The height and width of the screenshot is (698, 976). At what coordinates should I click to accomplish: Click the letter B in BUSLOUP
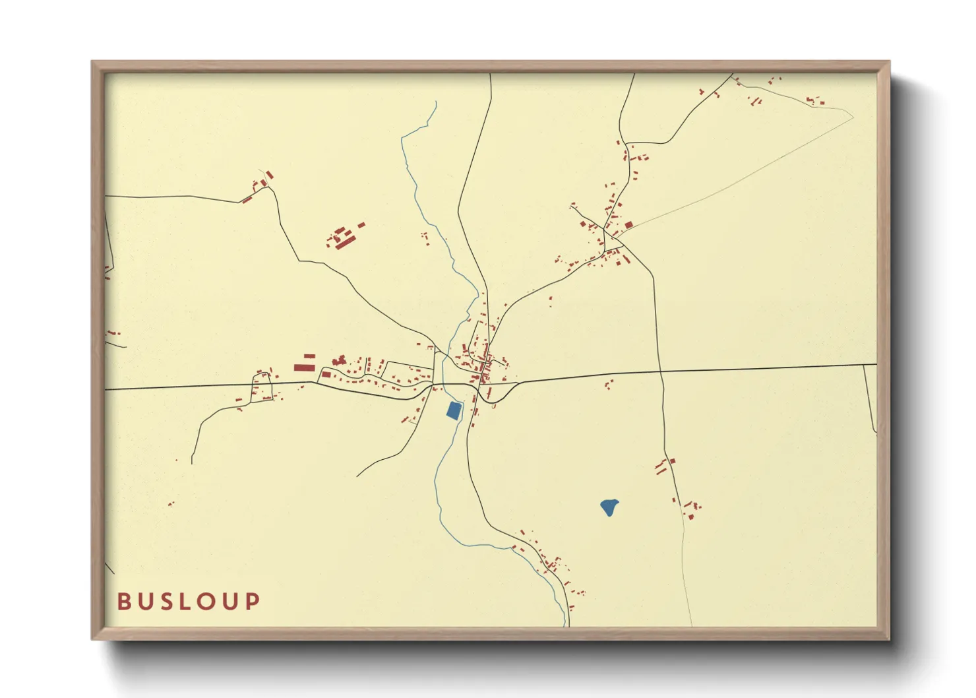point(124,601)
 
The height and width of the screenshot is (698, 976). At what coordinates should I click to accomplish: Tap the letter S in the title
point(167,601)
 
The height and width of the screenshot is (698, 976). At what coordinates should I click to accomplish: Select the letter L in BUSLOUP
point(187,601)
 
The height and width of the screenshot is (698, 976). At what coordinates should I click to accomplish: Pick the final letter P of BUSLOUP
point(253,601)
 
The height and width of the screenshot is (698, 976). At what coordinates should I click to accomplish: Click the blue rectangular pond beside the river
point(454,410)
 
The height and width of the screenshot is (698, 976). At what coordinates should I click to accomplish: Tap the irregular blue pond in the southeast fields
point(609,507)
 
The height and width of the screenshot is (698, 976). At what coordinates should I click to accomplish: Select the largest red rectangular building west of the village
point(304,367)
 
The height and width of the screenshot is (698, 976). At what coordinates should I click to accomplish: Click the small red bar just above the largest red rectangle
point(309,356)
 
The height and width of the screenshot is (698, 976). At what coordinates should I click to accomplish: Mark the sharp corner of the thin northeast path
point(852,117)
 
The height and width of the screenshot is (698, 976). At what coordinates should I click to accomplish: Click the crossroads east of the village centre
point(660,372)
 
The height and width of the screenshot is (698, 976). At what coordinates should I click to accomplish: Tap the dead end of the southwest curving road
point(192,463)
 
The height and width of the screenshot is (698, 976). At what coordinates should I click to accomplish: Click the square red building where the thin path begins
point(628,225)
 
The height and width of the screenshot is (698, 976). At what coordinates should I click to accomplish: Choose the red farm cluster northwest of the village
point(344,236)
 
